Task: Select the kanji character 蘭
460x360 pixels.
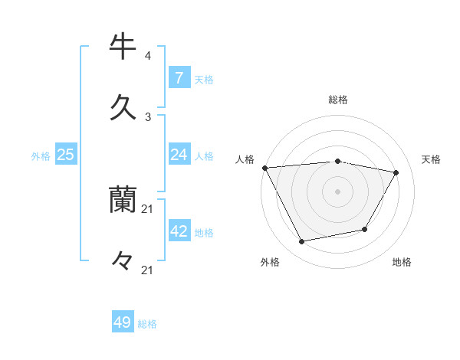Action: tap(123, 201)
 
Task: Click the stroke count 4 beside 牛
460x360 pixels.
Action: tap(148, 56)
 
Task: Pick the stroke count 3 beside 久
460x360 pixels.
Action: tap(148, 116)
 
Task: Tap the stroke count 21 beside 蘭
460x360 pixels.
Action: tap(148, 209)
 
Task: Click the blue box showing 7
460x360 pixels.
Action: tap(179, 77)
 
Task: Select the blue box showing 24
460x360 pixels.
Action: tap(179, 155)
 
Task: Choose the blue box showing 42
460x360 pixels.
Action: tap(179, 231)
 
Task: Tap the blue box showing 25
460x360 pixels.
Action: tap(66, 155)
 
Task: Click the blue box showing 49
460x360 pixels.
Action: tap(123, 322)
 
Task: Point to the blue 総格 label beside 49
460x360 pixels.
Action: tap(147, 324)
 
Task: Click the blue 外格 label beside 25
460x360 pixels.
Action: tap(41, 156)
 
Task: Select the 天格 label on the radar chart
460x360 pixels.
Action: tap(431, 159)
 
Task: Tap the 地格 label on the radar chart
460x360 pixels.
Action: tap(402, 262)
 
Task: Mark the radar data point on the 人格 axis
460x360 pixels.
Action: tap(264, 168)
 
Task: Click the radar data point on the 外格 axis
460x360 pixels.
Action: tap(301, 242)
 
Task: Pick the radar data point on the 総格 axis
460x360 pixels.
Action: tap(337, 161)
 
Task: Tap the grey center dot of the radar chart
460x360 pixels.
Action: tap(337, 191)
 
